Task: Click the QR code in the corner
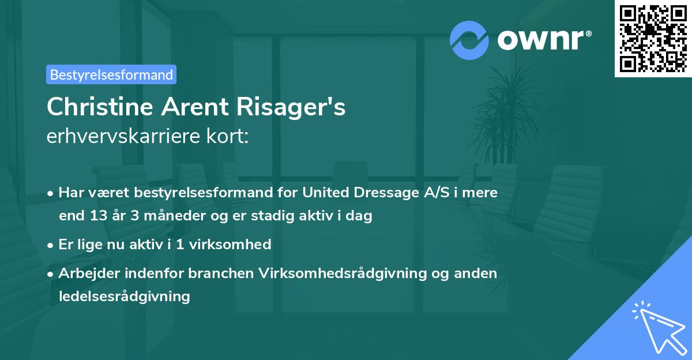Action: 653,39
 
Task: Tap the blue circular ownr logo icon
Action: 470,40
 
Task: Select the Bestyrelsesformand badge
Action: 111,74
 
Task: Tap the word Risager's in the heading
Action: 292,107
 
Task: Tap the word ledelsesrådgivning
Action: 124,297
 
